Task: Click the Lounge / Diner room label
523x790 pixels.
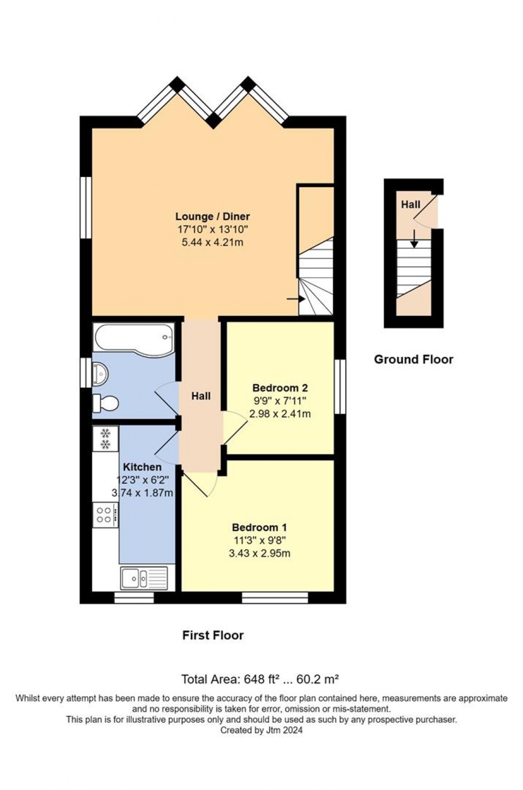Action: click(213, 216)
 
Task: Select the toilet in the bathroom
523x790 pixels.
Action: click(105, 403)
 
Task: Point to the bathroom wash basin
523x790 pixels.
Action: click(100, 374)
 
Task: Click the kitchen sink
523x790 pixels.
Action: click(144, 579)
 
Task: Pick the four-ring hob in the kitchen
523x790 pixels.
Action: click(106, 515)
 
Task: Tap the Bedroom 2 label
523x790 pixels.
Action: click(280, 388)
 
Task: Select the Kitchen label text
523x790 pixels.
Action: click(142, 467)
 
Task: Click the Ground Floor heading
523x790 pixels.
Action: click(413, 360)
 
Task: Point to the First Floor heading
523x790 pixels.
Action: click(213, 636)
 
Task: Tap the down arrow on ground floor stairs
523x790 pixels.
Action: click(415, 239)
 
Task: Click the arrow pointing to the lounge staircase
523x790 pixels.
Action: click(296, 299)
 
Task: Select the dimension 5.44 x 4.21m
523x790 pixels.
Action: click(212, 242)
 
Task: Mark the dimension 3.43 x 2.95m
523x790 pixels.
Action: click(259, 554)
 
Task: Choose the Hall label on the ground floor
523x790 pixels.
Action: click(411, 205)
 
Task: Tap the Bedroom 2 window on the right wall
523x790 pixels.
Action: click(340, 386)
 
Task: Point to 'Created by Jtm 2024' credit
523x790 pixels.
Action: click(261, 730)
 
